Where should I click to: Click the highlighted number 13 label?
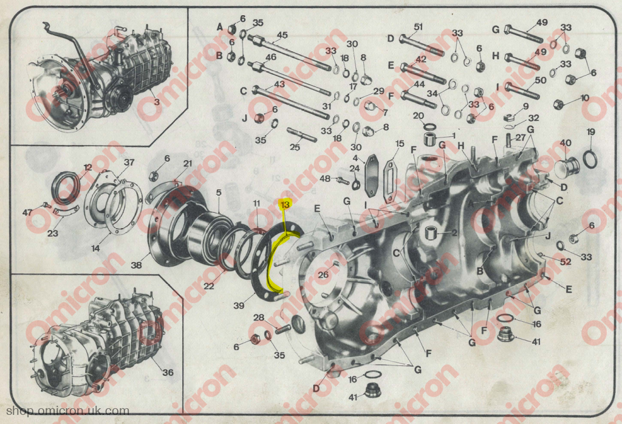[x=285, y=204]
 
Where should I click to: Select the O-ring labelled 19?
[x=590, y=159]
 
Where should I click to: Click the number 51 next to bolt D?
[x=418, y=27]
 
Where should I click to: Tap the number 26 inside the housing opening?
[x=323, y=274]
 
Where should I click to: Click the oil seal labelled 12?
[x=66, y=186]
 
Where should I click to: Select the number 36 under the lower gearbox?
[x=168, y=372]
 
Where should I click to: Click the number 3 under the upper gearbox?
[x=157, y=102]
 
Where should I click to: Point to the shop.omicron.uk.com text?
[x=67, y=411]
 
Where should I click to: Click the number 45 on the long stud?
[x=282, y=35]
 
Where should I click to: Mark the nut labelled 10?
[x=559, y=105]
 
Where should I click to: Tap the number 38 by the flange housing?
[x=136, y=264]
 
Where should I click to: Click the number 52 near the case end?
[x=566, y=261]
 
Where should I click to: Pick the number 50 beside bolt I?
[x=541, y=80]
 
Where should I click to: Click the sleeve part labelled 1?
[x=431, y=139]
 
